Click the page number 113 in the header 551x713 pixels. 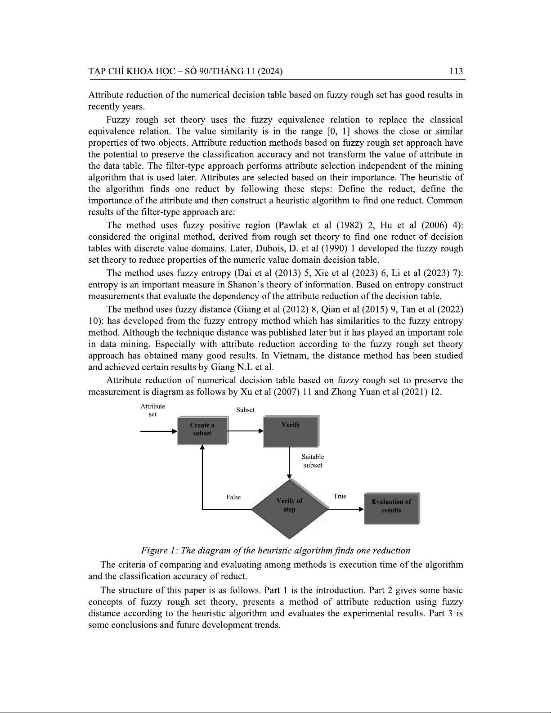click(456, 71)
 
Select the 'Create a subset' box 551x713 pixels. click(202, 430)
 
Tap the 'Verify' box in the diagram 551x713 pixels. click(291, 431)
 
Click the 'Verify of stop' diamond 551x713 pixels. click(289, 508)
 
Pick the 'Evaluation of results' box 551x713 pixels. click(391, 507)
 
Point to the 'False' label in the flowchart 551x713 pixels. click(233, 497)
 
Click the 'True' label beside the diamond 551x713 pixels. click(340, 496)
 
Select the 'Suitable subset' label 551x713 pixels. click(313, 461)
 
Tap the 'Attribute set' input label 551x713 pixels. click(152, 410)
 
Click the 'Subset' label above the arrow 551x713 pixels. click(245, 410)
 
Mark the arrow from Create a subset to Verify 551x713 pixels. click(245, 430)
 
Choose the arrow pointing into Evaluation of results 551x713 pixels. click(345, 509)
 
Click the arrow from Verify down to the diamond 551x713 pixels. click(289, 463)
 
